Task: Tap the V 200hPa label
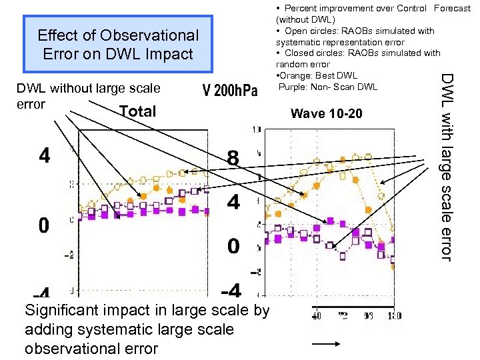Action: (229, 91)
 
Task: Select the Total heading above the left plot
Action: (137, 112)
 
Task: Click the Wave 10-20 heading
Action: (327, 114)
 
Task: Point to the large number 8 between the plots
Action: (233, 159)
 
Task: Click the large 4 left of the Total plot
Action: (44, 156)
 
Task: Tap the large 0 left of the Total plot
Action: (43, 225)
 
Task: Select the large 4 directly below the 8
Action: (233, 202)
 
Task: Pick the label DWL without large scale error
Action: (88, 95)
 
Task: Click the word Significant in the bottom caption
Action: (62, 311)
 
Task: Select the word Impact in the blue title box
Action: (169, 53)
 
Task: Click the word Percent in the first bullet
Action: (301, 9)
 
